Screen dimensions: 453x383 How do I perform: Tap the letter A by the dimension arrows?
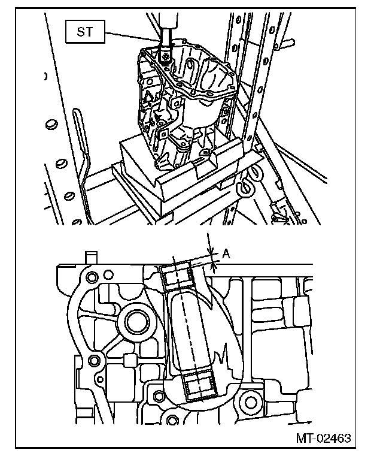pyautogui.click(x=226, y=254)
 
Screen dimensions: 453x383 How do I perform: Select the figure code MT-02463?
pyautogui.click(x=322, y=438)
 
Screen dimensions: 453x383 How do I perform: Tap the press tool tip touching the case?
pyautogui.click(x=165, y=57)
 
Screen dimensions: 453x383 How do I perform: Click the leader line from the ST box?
pyautogui.click(x=135, y=37)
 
